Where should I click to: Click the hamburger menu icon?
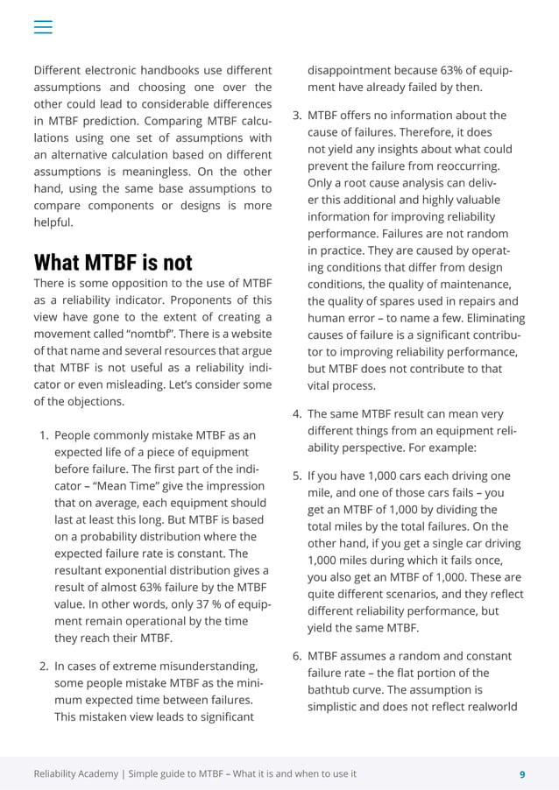[x=43, y=27]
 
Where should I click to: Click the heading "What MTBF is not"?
[x=112, y=263]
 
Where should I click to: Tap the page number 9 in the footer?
[x=522, y=773]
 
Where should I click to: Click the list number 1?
[x=44, y=434]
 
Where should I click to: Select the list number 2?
[x=44, y=667]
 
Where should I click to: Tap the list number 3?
[x=297, y=115]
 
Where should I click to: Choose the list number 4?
[x=297, y=413]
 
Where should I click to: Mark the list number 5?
[x=297, y=476]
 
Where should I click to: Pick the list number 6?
[x=297, y=656]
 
